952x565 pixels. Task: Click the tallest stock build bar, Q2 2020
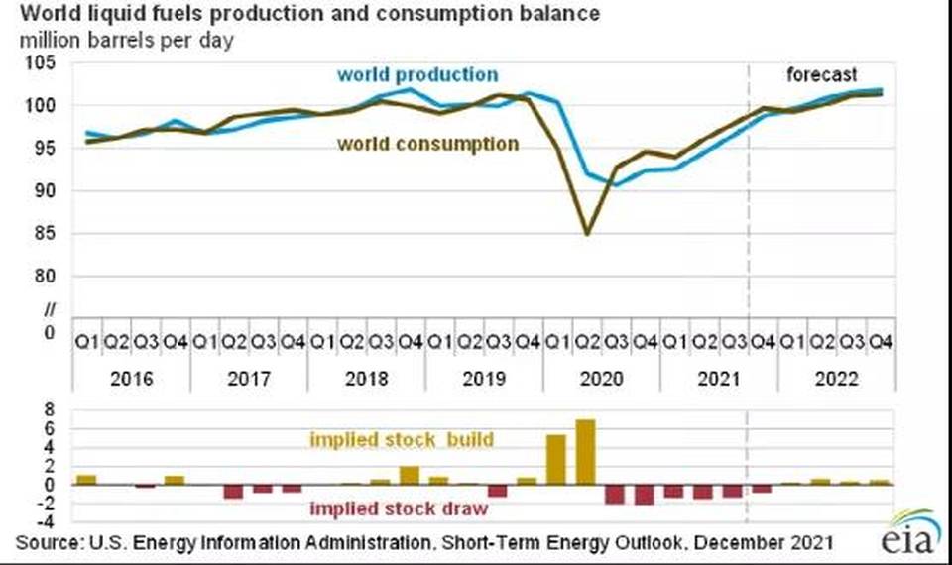[585, 453]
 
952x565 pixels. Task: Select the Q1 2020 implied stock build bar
[556, 460]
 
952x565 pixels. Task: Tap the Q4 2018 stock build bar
[409, 475]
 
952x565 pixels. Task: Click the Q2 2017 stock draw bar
[233, 492]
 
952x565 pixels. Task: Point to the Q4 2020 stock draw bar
[645, 495]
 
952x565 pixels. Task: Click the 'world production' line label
[417, 74]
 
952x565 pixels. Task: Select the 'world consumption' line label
[427, 144]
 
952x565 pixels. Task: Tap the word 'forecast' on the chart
[821, 75]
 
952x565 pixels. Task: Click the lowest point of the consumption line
[587, 234]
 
